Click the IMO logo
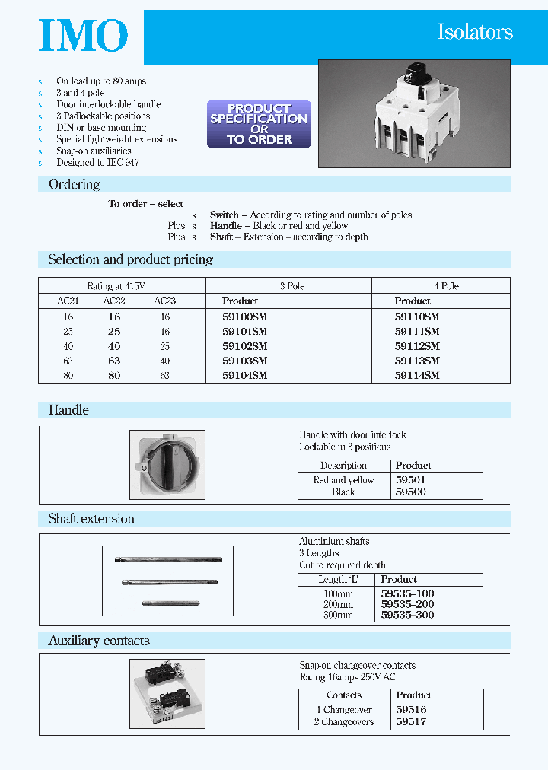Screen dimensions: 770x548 point(83,37)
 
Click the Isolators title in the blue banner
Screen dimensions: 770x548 point(475,32)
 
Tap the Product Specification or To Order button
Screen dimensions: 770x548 point(259,124)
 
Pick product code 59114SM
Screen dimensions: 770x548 point(417,375)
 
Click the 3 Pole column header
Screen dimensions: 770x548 point(292,286)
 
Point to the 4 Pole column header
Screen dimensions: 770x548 point(446,286)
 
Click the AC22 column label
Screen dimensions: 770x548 point(113,301)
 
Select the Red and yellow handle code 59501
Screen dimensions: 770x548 point(410,480)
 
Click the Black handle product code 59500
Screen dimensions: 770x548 point(410,492)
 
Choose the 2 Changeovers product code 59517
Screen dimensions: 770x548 point(411,721)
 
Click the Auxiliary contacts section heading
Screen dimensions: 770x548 point(99,641)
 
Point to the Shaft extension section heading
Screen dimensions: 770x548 point(91,519)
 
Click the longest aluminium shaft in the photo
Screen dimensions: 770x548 point(168,562)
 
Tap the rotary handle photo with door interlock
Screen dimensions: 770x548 point(167,464)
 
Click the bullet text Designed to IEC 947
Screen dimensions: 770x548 point(97,163)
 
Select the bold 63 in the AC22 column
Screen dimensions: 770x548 point(113,361)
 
